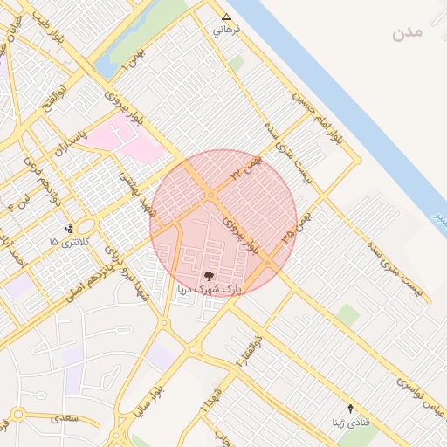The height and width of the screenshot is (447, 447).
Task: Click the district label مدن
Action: pyautogui.click(x=407, y=33)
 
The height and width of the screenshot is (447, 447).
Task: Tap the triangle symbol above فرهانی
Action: pyautogui.click(x=227, y=17)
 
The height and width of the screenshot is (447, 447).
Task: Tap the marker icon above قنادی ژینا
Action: pyautogui.click(x=351, y=409)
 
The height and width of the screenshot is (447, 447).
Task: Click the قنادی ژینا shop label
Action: pyautogui.click(x=349, y=423)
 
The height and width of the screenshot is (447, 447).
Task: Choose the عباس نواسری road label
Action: pyautogui.click(x=422, y=394)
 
